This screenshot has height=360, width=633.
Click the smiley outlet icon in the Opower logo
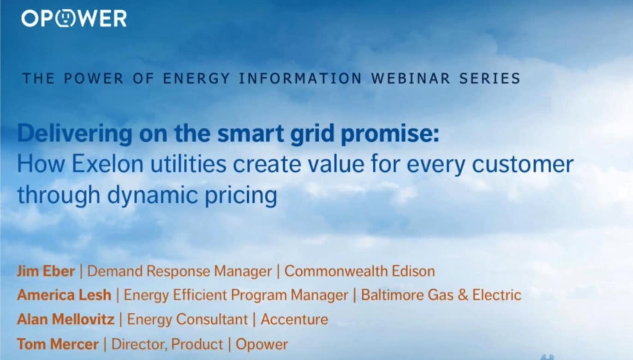66,18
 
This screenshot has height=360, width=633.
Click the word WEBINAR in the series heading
411,78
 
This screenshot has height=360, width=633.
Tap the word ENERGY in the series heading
197,78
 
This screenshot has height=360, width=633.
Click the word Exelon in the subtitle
107,164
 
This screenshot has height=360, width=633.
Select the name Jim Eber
46,271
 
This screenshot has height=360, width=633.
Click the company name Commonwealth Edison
359,271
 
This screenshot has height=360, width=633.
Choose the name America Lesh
64,295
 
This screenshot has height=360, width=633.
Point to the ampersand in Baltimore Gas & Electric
463,295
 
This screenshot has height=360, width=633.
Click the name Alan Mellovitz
66,319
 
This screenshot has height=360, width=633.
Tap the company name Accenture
294,319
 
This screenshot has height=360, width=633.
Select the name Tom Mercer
58,344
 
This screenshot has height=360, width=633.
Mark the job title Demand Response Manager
179,272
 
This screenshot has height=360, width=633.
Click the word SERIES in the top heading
490,78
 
